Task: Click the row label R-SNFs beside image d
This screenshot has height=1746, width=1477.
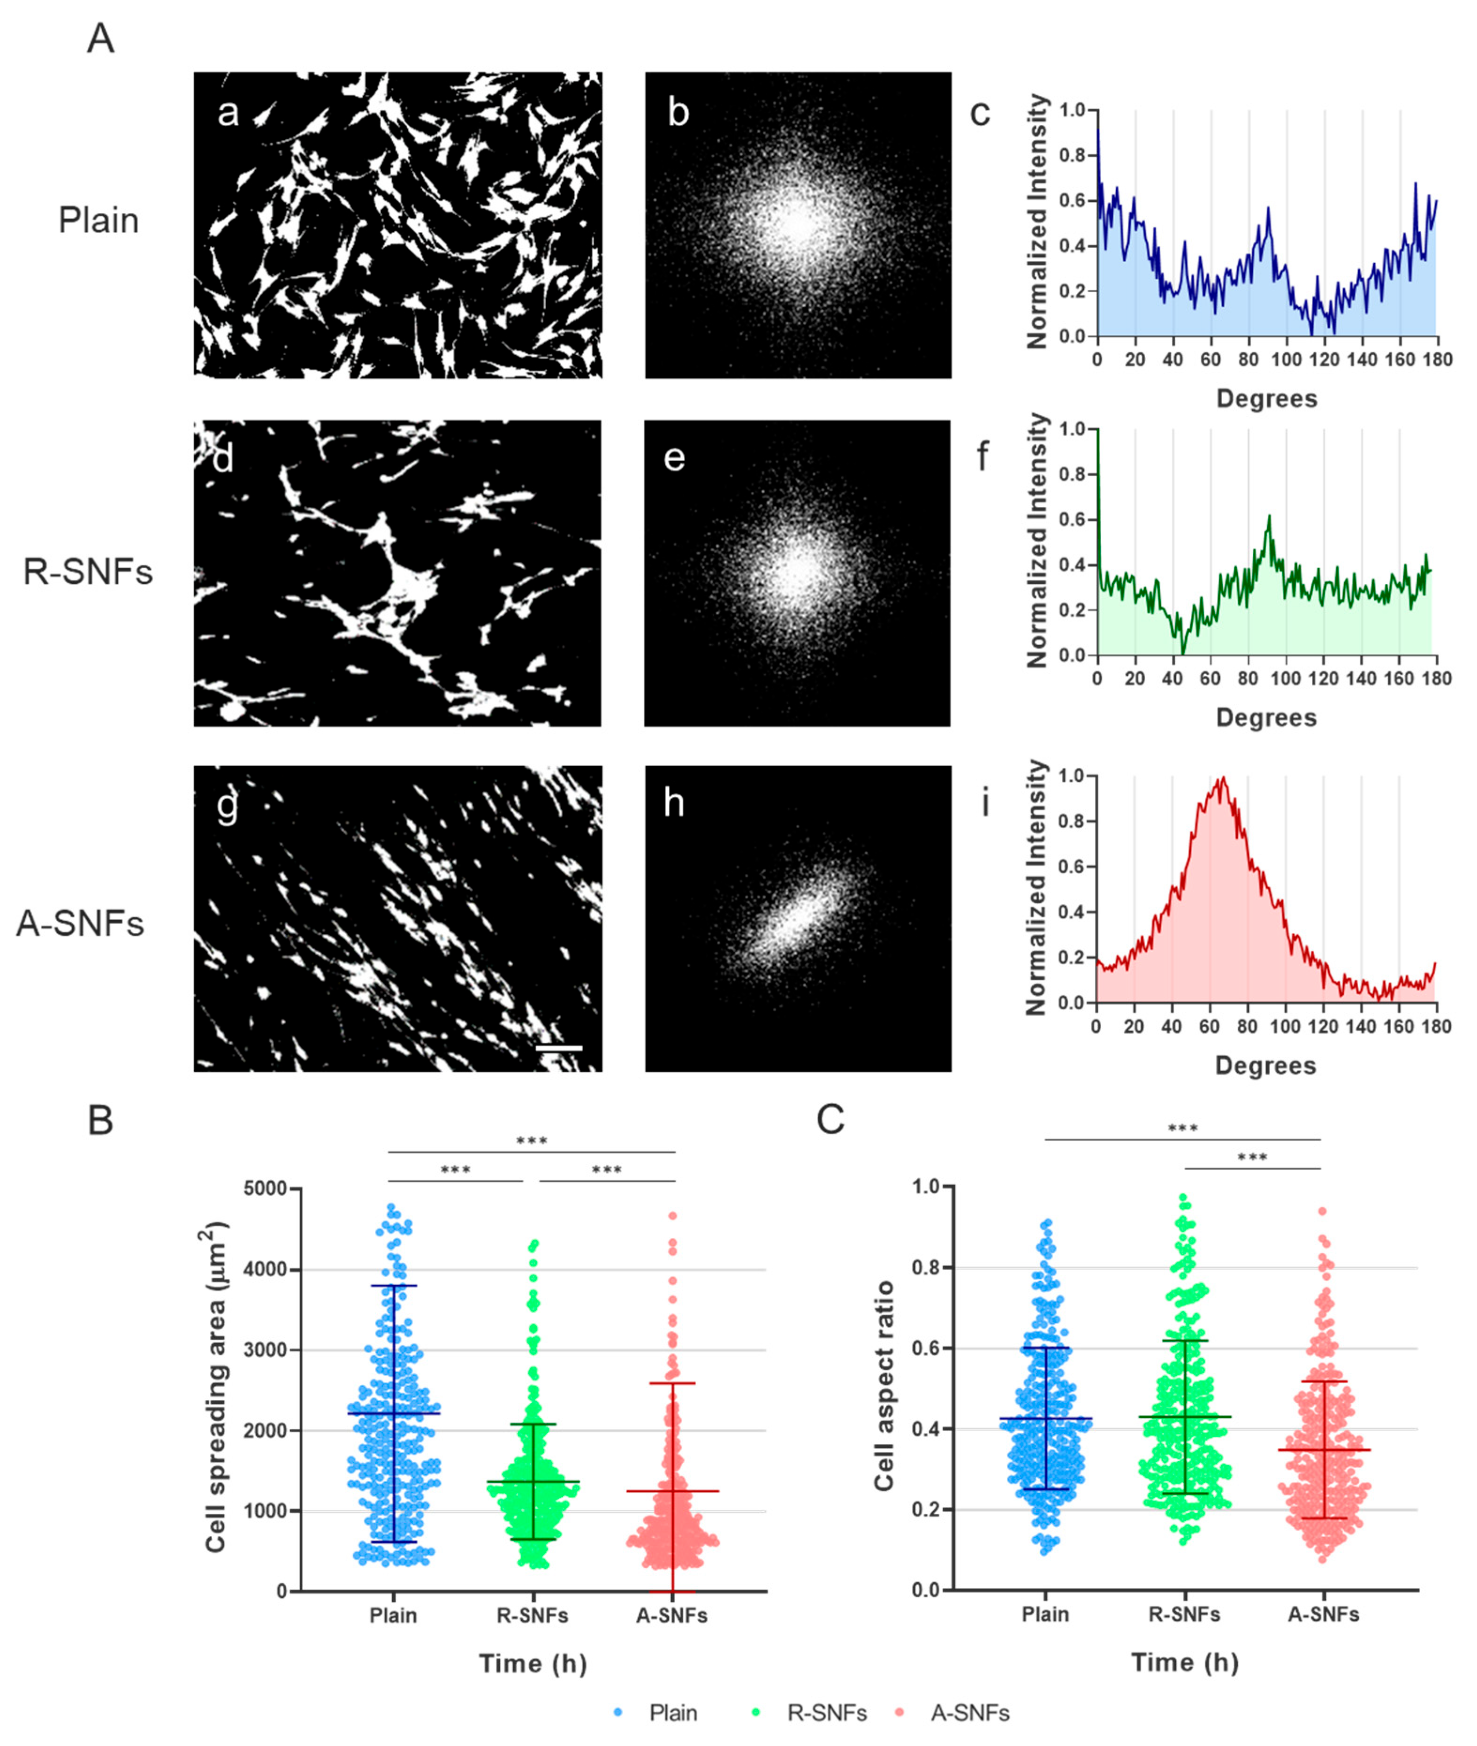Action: click(88, 572)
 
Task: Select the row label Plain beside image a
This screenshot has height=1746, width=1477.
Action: click(98, 220)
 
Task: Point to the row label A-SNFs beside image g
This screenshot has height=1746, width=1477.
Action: click(80, 923)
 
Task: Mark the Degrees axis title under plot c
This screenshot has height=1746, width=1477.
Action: click(1266, 398)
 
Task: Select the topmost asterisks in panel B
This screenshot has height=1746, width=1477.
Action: click(532, 1141)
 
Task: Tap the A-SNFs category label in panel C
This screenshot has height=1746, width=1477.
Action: click(1323, 1614)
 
